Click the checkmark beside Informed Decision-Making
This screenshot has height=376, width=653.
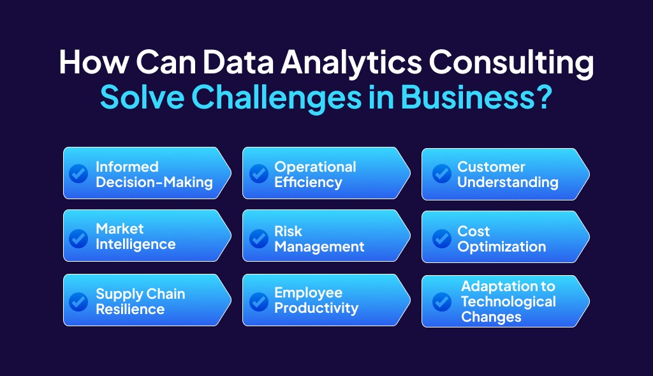(x=78, y=174)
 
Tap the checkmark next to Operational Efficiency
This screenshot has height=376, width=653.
(x=258, y=174)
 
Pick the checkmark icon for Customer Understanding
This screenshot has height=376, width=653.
(x=441, y=174)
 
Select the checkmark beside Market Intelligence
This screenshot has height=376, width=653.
(x=78, y=237)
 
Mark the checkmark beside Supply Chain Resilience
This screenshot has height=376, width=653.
(x=78, y=301)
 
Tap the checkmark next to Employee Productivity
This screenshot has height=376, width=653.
(x=258, y=301)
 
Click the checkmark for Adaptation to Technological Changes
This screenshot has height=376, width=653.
(x=441, y=301)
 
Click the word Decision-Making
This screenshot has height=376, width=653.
(x=154, y=183)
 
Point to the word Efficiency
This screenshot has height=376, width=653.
(x=308, y=183)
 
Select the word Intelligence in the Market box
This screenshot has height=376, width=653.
(x=135, y=244)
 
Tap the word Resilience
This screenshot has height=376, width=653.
(x=130, y=310)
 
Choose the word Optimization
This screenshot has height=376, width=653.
(x=501, y=247)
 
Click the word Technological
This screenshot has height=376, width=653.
(x=508, y=301)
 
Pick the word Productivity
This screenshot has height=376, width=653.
(x=316, y=308)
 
